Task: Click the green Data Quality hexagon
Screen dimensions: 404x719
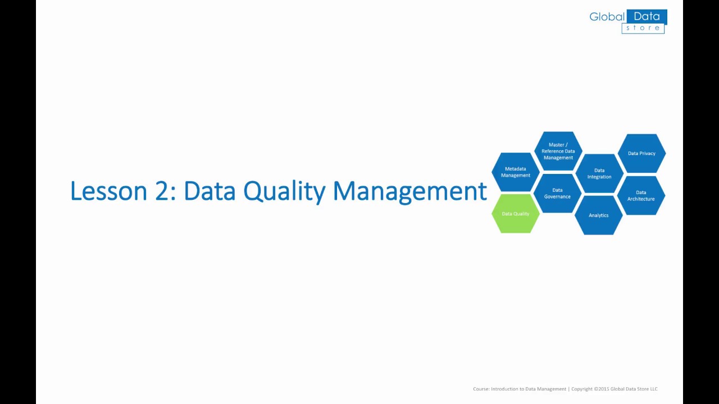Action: pyautogui.click(x=516, y=214)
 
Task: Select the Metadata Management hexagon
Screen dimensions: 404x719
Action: pyautogui.click(x=516, y=172)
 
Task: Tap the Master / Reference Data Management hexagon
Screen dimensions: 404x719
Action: pyautogui.click(x=558, y=151)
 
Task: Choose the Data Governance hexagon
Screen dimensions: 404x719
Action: pyautogui.click(x=557, y=193)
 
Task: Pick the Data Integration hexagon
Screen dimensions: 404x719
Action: pyautogui.click(x=599, y=173)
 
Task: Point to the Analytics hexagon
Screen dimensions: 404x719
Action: pyautogui.click(x=599, y=215)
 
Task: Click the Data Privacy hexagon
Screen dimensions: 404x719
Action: pyautogui.click(x=641, y=153)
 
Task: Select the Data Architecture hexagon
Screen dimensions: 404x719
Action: pyautogui.click(x=641, y=195)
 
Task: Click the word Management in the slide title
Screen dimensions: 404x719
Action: pyautogui.click(x=409, y=191)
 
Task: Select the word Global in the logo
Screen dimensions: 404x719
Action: pyautogui.click(x=607, y=17)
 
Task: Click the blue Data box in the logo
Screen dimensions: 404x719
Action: pyautogui.click(x=647, y=17)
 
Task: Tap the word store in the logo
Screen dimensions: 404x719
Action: pyautogui.click(x=643, y=28)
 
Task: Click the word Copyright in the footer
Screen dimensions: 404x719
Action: pyautogui.click(x=582, y=389)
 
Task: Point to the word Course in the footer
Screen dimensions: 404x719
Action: pyautogui.click(x=481, y=389)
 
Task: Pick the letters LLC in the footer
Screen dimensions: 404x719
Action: pyautogui.click(x=653, y=389)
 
